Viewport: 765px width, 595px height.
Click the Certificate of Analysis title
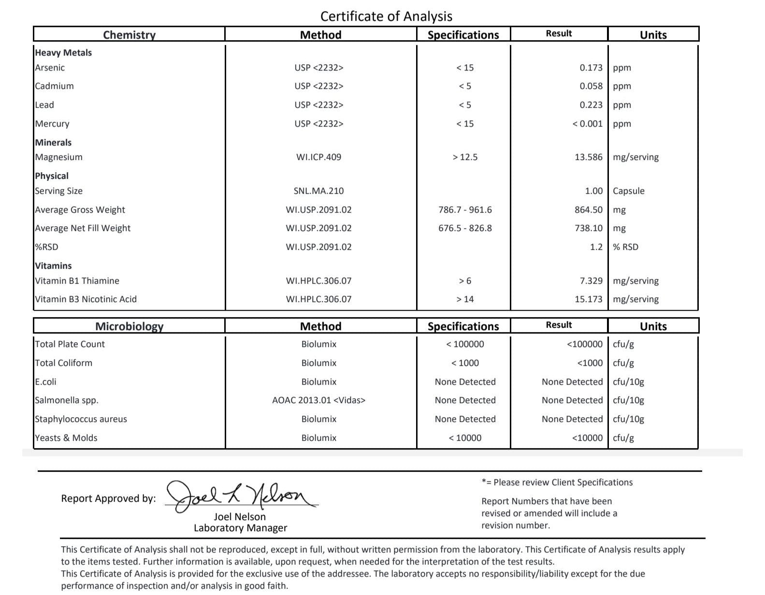point(386,16)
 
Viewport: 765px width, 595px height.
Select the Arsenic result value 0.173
point(591,68)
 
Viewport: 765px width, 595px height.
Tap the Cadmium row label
point(54,86)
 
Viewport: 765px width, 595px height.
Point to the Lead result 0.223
point(591,105)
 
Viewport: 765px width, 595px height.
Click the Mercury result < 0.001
point(587,124)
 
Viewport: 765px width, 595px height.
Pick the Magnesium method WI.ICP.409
point(318,157)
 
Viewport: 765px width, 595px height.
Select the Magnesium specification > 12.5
point(465,157)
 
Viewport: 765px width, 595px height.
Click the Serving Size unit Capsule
point(628,191)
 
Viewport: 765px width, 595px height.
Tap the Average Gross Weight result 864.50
point(588,210)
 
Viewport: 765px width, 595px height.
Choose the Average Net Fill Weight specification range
point(465,228)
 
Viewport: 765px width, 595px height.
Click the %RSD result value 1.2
point(596,247)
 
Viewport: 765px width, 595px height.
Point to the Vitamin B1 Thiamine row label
point(77,281)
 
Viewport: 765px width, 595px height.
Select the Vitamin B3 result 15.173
point(588,299)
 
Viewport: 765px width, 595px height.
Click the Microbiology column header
point(129,326)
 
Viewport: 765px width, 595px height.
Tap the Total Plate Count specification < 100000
point(465,344)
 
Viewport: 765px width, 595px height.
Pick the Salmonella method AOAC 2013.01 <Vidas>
point(318,400)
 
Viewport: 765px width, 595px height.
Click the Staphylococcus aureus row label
point(81,419)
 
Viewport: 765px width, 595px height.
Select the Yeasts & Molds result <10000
point(587,438)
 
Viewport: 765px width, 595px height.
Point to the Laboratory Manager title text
point(240,528)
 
